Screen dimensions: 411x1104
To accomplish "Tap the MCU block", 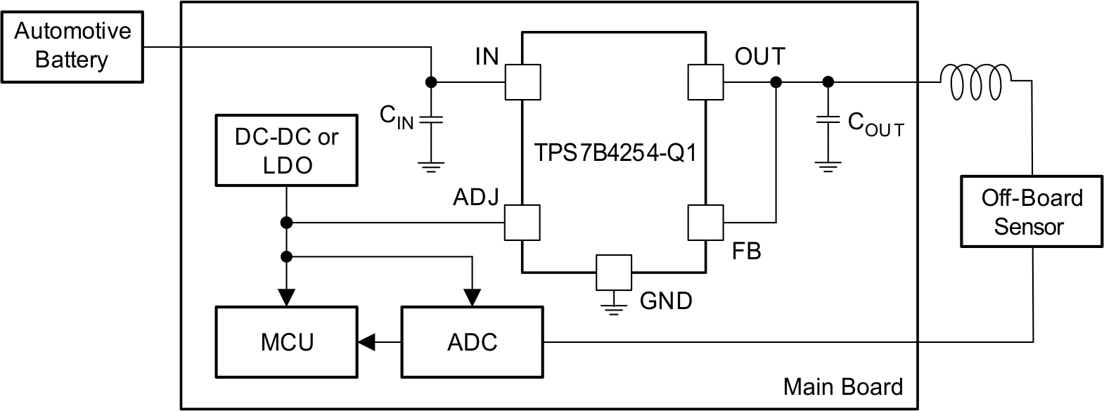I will (x=286, y=342).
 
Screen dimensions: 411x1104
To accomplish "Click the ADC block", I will (x=472, y=342).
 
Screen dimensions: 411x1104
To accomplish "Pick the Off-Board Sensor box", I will (x=1032, y=211).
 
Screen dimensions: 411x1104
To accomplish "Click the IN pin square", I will (x=523, y=82).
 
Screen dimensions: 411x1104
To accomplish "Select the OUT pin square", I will (x=705, y=82).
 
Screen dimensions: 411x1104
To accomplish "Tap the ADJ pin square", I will (x=523, y=223).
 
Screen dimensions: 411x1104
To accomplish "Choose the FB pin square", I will (x=705, y=223).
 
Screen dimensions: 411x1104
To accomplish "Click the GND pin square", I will (x=614, y=272).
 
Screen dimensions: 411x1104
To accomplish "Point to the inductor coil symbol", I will (x=976, y=82).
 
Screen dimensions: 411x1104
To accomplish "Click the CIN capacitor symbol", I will (x=431, y=120).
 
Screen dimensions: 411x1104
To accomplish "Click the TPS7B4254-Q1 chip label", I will (x=615, y=152).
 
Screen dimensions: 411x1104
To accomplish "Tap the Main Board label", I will (x=842, y=387).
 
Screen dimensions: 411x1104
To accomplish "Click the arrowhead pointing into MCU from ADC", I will (x=367, y=342).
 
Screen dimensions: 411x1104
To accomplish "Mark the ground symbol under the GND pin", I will (x=614, y=307).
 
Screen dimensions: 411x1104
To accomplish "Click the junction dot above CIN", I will (x=431, y=82).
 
